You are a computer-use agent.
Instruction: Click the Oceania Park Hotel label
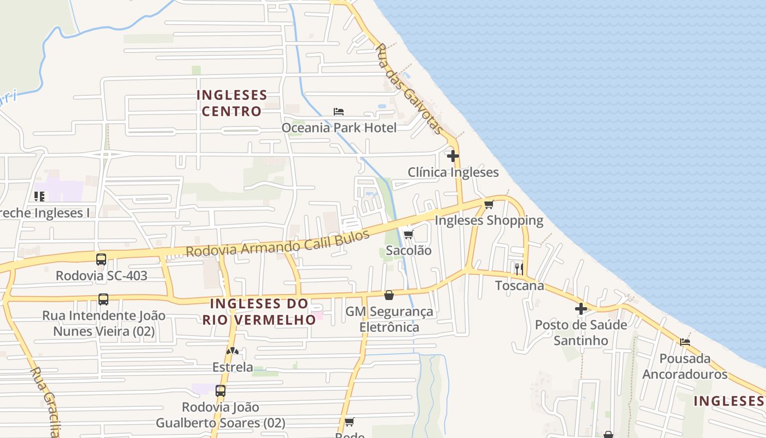tap(339, 128)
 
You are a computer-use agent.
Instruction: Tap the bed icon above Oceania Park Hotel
tap(339, 112)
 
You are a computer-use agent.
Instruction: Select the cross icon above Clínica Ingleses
tap(452, 156)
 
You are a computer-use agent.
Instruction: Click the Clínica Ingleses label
tap(453, 172)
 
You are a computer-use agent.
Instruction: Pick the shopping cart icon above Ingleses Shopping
tap(489, 205)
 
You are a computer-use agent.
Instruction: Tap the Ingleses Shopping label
tap(489, 221)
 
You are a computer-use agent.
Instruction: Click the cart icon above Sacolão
tap(408, 235)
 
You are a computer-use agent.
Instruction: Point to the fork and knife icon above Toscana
tap(519, 269)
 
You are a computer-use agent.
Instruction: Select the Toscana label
tap(519, 285)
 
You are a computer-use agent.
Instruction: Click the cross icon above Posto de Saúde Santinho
tap(581, 309)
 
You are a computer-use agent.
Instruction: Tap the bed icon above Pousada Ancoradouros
tap(684, 343)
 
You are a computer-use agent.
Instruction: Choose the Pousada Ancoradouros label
tap(684, 366)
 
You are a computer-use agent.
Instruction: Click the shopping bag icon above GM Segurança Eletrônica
tap(388, 296)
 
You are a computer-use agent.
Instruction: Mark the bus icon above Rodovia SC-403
tap(101, 260)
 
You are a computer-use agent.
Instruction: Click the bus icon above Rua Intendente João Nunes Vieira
tap(103, 299)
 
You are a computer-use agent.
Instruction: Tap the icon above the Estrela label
tap(233, 351)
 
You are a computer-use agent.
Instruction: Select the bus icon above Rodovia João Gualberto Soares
tap(220, 391)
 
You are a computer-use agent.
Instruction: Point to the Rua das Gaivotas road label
tap(409, 89)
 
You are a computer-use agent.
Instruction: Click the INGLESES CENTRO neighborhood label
tap(232, 103)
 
